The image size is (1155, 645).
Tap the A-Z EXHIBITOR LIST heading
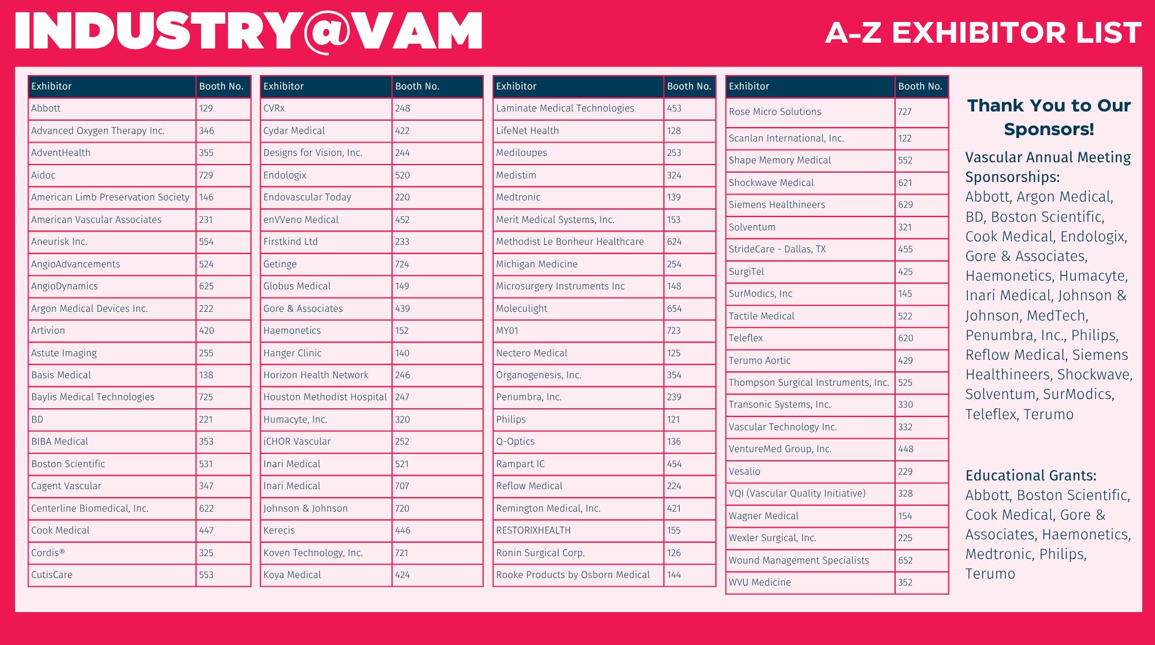983,32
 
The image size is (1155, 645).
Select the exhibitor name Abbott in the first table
46,109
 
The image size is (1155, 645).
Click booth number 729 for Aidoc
206,175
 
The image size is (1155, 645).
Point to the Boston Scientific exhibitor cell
68,464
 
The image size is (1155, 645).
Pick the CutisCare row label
52,575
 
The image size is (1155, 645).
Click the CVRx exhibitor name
274,109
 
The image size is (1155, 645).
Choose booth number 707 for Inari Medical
402,486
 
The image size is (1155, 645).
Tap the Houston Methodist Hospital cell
325,397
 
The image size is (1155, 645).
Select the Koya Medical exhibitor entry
292,575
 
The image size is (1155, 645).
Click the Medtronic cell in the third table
518,197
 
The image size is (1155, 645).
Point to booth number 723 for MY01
674,331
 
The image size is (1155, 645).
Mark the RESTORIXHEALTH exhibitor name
533,531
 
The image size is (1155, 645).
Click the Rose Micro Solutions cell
774,112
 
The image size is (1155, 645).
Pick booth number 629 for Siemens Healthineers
906,205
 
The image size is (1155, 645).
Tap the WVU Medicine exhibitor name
759,583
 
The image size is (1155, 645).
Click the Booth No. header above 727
920,87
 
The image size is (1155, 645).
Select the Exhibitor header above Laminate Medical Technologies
516,87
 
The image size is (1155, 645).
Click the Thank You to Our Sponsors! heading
1049,117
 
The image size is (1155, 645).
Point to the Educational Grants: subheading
1031,476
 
